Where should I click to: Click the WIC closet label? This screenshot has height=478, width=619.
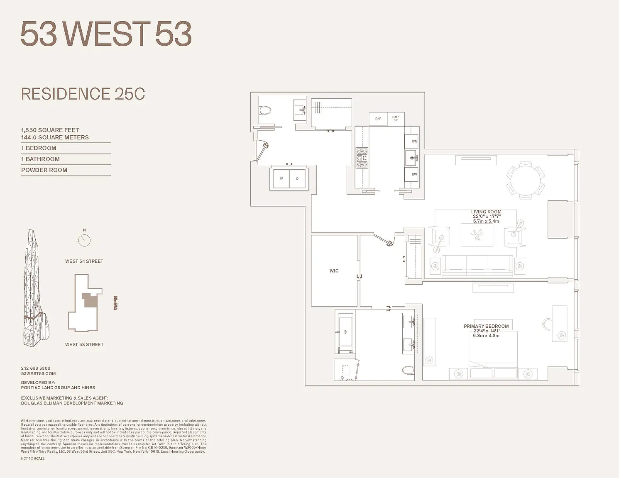coord(334,271)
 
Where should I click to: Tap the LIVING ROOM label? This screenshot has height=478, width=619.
coord(486,212)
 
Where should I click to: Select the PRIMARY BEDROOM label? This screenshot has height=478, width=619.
coord(486,326)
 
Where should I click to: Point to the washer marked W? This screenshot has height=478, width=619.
coord(281,178)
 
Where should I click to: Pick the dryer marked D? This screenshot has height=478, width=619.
coord(297,178)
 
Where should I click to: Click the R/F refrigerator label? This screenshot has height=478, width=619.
coord(378,119)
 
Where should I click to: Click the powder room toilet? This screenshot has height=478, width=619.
coord(265,110)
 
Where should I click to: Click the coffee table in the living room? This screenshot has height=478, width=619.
coord(477,235)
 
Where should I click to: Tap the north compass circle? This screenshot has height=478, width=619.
coord(84,240)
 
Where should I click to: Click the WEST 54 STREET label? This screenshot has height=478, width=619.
coord(84,261)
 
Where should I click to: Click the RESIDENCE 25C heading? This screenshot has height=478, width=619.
coord(83,94)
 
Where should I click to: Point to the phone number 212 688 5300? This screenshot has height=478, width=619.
coord(36,368)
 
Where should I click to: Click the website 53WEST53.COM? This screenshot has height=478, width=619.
coord(38,373)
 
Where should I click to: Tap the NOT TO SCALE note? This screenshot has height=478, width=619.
coord(33,458)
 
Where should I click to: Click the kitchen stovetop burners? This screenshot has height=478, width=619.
coord(362,158)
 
